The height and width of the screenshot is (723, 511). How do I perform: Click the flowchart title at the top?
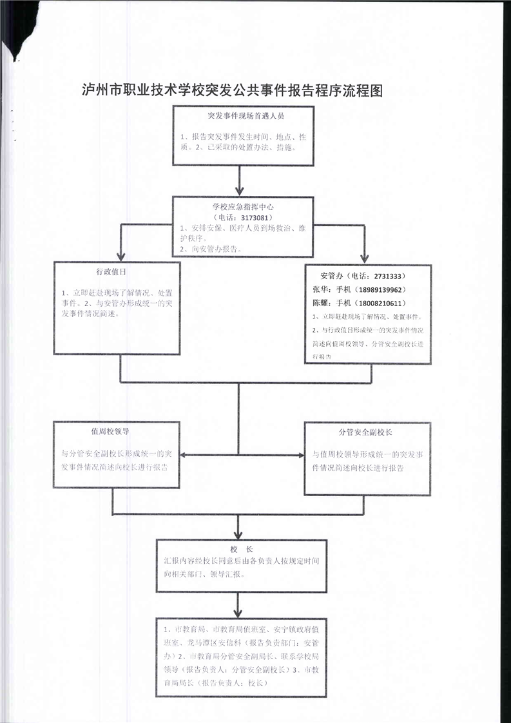(x=233, y=90)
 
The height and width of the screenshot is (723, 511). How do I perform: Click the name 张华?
(x=320, y=289)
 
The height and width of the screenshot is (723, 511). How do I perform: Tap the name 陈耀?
(x=320, y=303)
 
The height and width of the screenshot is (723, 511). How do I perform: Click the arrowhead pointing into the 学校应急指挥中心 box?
(x=240, y=191)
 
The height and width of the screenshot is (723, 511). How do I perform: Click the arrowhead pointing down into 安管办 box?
(x=365, y=256)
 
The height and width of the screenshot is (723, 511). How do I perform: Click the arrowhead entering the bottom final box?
(x=240, y=612)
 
